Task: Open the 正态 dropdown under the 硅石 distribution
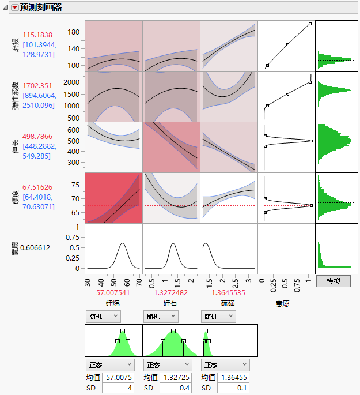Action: (x=167, y=365)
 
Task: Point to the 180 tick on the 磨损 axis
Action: (x=74, y=33)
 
